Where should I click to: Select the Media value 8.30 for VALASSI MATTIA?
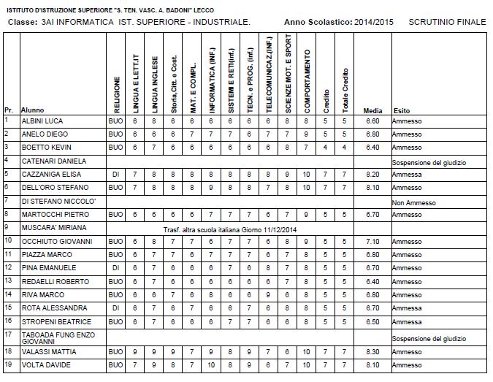(x=372, y=351)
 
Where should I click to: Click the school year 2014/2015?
(x=372, y=22)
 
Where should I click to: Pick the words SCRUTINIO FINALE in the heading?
(x=447, y=22)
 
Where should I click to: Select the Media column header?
(x=372, y=110)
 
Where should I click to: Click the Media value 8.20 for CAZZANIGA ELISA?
(x=372, y=175)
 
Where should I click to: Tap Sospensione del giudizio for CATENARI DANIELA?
(x=429, y=161)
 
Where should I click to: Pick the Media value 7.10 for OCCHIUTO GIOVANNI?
(x=372, y=241)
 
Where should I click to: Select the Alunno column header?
(x=33, y=110)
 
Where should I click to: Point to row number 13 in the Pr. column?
(x=7, y=267)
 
